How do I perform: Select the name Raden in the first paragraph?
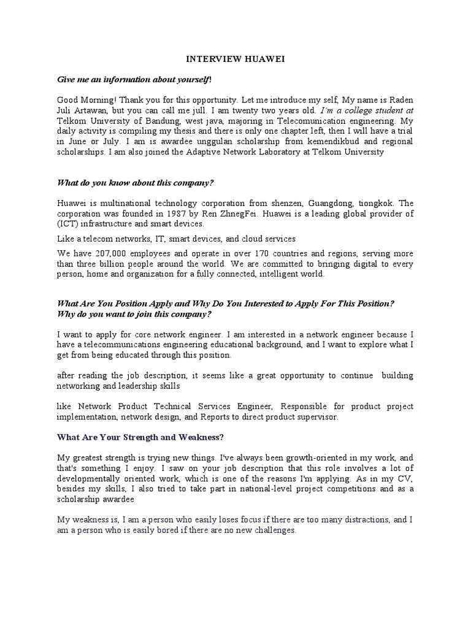click(399, 99)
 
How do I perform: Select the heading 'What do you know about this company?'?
click(135, 182)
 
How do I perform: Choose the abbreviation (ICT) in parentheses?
click(67, 224)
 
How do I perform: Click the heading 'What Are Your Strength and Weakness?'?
click(140, 437)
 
